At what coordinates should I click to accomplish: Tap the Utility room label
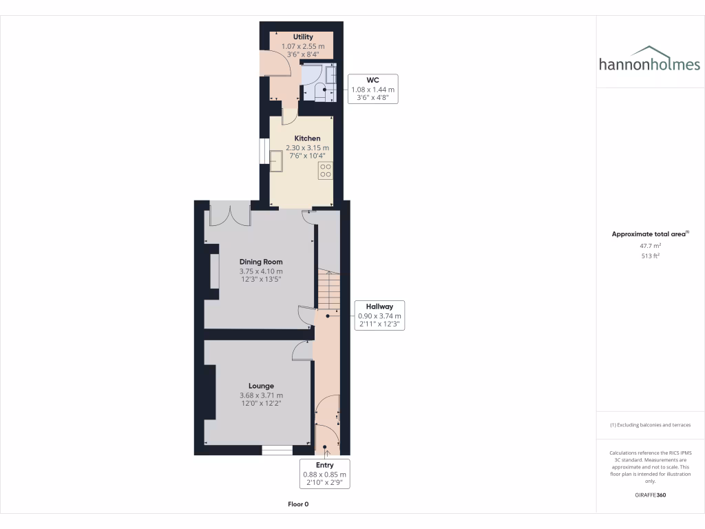tap(303, 37)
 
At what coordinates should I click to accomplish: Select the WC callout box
tap(372, 89)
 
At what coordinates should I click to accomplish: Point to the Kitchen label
tap(307, 138)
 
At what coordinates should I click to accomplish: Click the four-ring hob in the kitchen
tap(326, 170)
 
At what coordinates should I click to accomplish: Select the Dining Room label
tap(261, 262)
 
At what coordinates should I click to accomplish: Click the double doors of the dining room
tap(229, 215)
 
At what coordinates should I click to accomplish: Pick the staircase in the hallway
tap(329, 289)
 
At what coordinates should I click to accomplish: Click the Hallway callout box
tap(379, 315)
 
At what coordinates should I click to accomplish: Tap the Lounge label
tap(261, 386)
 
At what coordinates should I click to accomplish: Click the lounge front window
tap(276, 450)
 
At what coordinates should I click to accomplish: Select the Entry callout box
tap(324, 474)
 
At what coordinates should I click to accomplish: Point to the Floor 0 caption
tap(298, 504)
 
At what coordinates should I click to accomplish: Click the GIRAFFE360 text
tap(651, 495)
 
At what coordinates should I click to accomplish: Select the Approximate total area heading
tap(649, 234)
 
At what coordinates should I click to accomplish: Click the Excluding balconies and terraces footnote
tap(651, 425)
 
